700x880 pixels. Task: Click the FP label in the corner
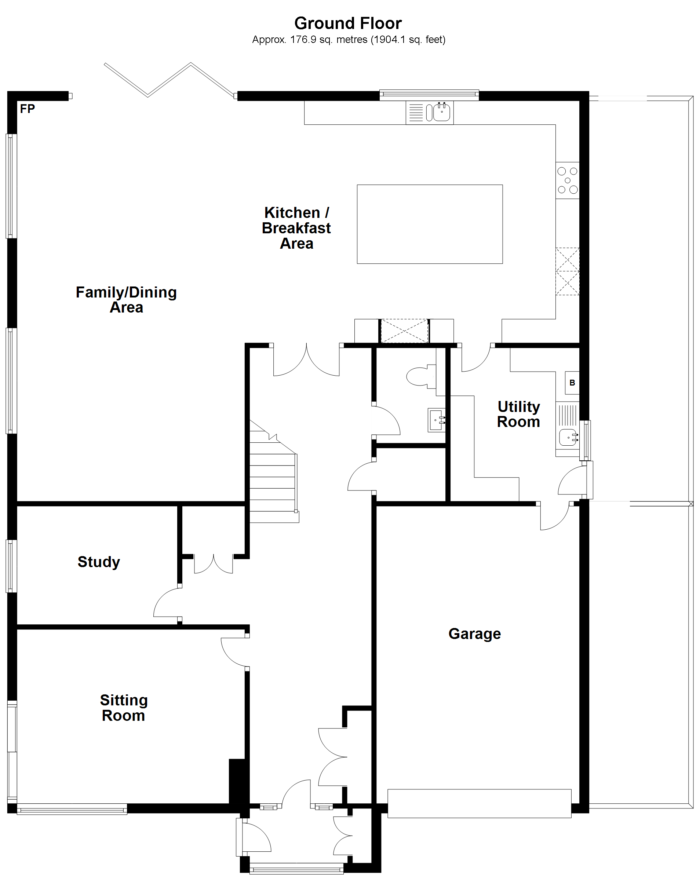coord(28,109)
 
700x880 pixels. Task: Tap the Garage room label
coord(474,634)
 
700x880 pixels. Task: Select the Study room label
coord(99,562)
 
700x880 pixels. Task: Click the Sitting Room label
coord(124,708)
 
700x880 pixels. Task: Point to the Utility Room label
coord(518,414)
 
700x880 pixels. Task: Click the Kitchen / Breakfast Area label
coord(296,228)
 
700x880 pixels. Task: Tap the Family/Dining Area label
coord(126,300)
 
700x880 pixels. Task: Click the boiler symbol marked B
coord(572,383)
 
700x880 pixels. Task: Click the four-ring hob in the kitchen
coord(567,180)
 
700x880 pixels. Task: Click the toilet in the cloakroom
coord(420,376)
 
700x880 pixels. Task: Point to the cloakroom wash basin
coord(436,420)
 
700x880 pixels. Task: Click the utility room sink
coord(568,437)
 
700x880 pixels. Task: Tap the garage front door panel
coord(479,803)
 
